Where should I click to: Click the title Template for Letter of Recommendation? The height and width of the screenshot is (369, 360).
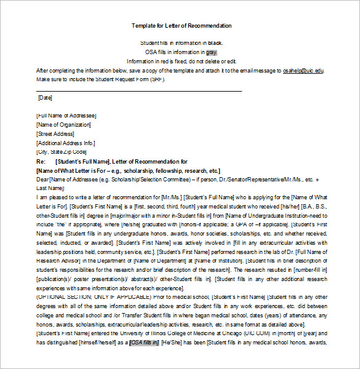coord(182,26)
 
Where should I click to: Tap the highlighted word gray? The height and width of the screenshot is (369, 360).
coord(212,52)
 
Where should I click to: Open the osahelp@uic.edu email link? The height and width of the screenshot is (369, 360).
coord(303,71)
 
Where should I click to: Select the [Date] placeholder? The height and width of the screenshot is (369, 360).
coord(45,97)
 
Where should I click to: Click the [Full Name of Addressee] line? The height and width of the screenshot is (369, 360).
coord(66,116)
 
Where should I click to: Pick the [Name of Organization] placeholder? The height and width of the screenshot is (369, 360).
coord(63,125)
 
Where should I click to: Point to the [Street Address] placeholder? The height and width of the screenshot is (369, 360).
coord(55,133)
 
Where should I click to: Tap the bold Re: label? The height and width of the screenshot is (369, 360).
coord(41,161)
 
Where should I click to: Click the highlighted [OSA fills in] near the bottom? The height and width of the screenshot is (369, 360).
coord(143,343)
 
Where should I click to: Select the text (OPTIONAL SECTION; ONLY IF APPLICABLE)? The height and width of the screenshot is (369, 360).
coord(92,297)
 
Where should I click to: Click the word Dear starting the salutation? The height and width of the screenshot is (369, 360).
coord(42,179)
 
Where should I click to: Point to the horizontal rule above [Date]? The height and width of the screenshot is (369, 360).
coord(138,90)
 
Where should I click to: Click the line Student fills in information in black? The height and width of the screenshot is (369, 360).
coord(182,43)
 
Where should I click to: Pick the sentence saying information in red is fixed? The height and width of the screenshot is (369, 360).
coord(182,61)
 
